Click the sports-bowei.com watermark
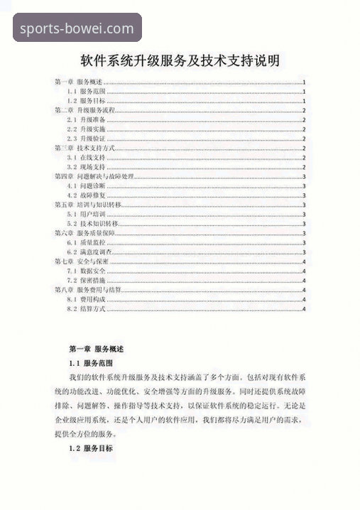(77, 29)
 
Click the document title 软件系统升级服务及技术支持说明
(180, 60)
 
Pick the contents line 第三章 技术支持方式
(84, 148)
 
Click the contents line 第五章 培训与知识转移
(89, 205)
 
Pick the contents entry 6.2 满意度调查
(89, 251)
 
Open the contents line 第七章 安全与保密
(82, 261)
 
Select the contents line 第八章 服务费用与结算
(89, 290)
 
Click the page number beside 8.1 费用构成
(304, 299)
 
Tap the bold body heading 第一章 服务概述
(97, 349)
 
